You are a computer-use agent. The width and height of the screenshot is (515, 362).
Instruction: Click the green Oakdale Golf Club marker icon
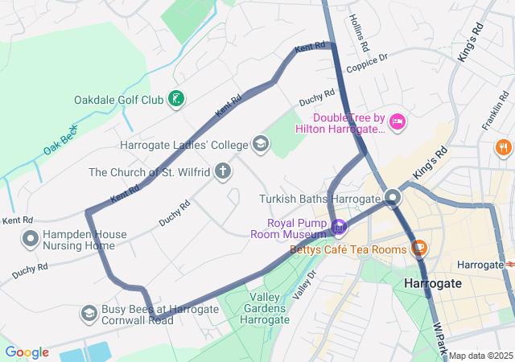click(175, 100)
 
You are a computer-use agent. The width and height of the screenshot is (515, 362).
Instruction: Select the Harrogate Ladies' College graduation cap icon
click(260, 145)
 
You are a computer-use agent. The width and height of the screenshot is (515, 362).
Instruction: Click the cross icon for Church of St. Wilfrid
click(222, 171)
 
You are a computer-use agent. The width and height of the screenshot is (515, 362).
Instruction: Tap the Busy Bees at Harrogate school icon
click(90, 312)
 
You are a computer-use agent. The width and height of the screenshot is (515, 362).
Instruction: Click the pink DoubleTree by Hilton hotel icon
click(397, 122)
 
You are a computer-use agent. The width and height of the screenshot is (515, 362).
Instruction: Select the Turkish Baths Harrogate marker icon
click(393, 198)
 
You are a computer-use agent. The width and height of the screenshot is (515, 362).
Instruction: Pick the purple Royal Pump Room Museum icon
click(339, 228)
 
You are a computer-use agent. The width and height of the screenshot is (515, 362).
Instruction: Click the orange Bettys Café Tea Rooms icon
click(418, 247)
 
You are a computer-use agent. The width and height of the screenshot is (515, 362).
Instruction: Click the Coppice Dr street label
click(367, 64)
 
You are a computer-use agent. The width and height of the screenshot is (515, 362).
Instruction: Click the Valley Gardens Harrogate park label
click(264, 309)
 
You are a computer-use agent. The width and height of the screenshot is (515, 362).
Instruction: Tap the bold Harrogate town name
click(432, 284)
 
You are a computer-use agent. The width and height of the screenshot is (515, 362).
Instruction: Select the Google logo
click(27, 352)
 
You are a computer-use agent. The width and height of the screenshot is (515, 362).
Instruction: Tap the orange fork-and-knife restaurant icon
click(503, 147)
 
